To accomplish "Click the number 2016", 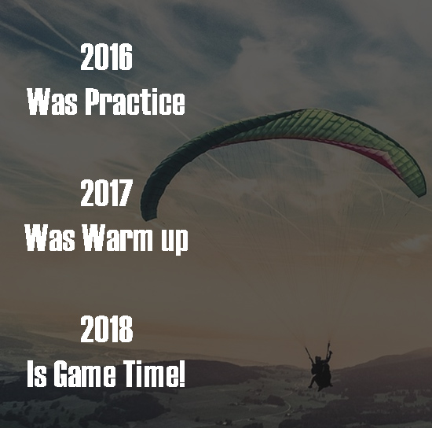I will tap(107, 59).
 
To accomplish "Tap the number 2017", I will tap(107, 194).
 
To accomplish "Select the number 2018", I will tap(107, 330).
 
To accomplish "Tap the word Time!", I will tap(153, 374).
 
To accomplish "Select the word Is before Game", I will tap(37, 374).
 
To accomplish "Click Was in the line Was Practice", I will tap(49, 102).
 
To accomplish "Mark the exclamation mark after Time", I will tap(182, 374).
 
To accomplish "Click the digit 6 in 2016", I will tap(126, 59).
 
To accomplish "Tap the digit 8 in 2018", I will tap(126, 330).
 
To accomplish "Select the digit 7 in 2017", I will tap(126, 194).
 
